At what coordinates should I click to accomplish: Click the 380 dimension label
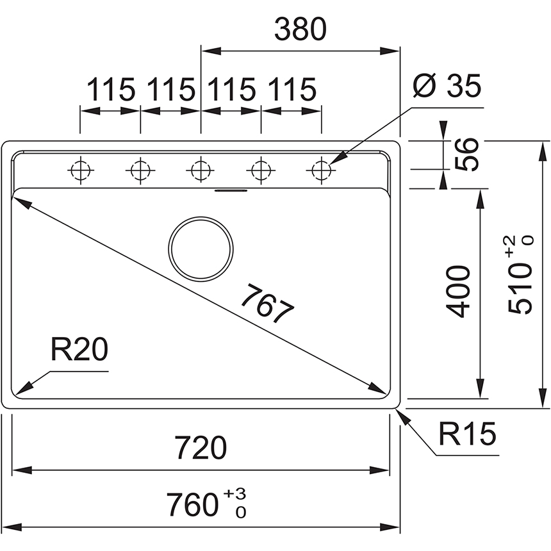pos(300,29)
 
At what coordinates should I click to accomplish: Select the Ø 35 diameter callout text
pos(446,86)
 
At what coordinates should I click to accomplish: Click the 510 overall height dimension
pos(520,292)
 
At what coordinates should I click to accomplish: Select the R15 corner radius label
pos(468,436)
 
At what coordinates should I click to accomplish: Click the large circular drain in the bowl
pos(201,249)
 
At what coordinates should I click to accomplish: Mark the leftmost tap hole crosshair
pos(81,170)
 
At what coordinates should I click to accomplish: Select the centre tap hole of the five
pos(200,170)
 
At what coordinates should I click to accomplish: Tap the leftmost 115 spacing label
pos(110,90)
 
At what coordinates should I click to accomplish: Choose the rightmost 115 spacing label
pos(292,90)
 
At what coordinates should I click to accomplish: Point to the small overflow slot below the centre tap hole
pos(230,190)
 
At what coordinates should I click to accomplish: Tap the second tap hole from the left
pos(140,170)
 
